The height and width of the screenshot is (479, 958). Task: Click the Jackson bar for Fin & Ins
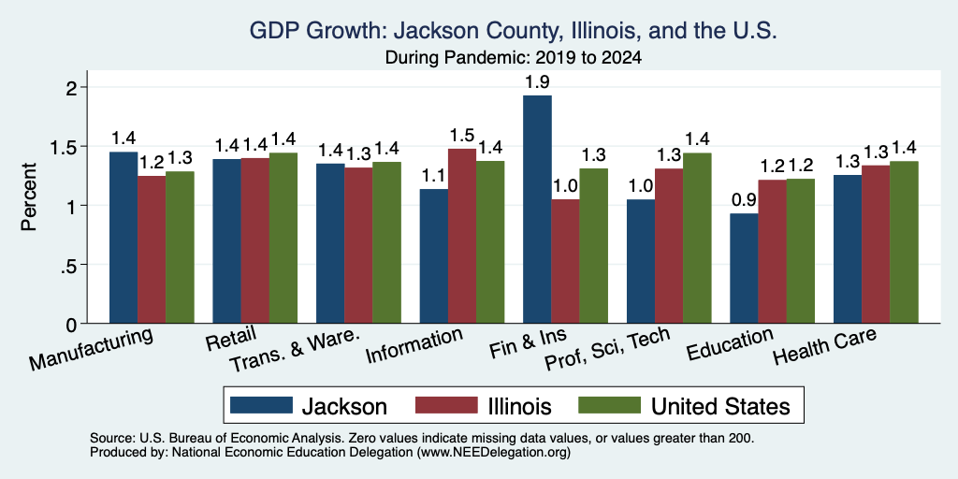tap(537, 209)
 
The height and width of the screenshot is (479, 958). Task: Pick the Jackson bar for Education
tap(744, 269)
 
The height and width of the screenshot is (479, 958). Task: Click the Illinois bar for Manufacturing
tap(152, 249)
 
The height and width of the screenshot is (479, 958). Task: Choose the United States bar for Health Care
tap(905, 242)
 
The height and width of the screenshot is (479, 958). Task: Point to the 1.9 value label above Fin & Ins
tap(537, 82)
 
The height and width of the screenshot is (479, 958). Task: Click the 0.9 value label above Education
tap(744, 200)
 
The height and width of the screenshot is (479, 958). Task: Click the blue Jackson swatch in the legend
tap(262, 405)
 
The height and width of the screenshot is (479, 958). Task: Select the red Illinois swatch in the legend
tap(446, 405)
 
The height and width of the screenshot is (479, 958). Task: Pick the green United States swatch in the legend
tap(609, 405)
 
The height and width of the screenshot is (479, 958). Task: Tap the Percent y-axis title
tap(29, 196)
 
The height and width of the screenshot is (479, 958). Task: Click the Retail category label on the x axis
tap(231, 340)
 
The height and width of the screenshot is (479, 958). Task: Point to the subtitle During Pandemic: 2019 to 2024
tap(514, 58)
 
